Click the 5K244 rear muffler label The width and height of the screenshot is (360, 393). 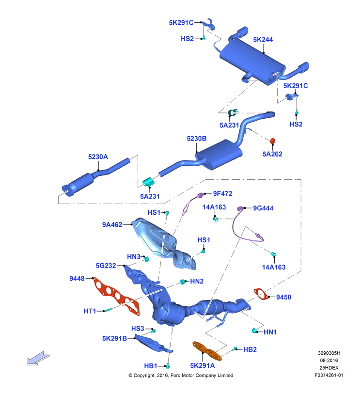click(263, 40)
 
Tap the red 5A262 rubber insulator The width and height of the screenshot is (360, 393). click(273, 141)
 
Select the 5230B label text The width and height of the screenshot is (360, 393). click(196, 139)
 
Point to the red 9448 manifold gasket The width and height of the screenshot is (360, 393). click(116, 296)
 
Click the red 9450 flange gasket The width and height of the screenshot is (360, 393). click(261, 294)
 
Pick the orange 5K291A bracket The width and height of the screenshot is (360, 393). click(207, 351)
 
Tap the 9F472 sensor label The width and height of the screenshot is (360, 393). click(222, 194)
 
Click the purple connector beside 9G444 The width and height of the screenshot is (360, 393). click(241, 208)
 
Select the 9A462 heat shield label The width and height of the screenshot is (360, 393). click(112, 225)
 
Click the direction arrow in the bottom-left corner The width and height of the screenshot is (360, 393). click(39, 358)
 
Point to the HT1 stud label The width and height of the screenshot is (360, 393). click(90, 311)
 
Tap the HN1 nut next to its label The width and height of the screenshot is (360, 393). click(254, 331)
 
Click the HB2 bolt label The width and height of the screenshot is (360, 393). click(250, 350)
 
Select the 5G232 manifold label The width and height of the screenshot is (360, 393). click(106, 266)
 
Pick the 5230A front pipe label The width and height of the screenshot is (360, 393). click(98, 157)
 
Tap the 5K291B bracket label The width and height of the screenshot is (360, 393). click(114, 339)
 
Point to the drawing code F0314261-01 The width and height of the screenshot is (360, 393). click(329, 376)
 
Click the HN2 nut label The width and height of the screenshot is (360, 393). click(197, 282)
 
